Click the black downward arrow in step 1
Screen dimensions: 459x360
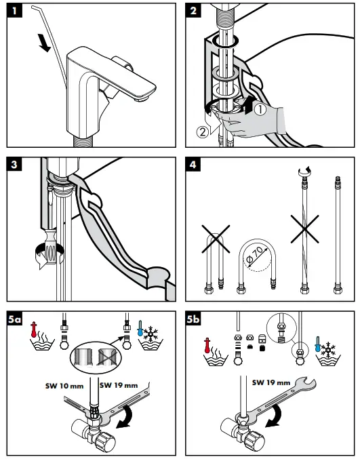pos(44,43)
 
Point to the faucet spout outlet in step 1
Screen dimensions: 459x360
pos(141,99)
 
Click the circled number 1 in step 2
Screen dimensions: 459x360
pos(258,106)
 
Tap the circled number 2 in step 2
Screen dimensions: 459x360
pos(202,132)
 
